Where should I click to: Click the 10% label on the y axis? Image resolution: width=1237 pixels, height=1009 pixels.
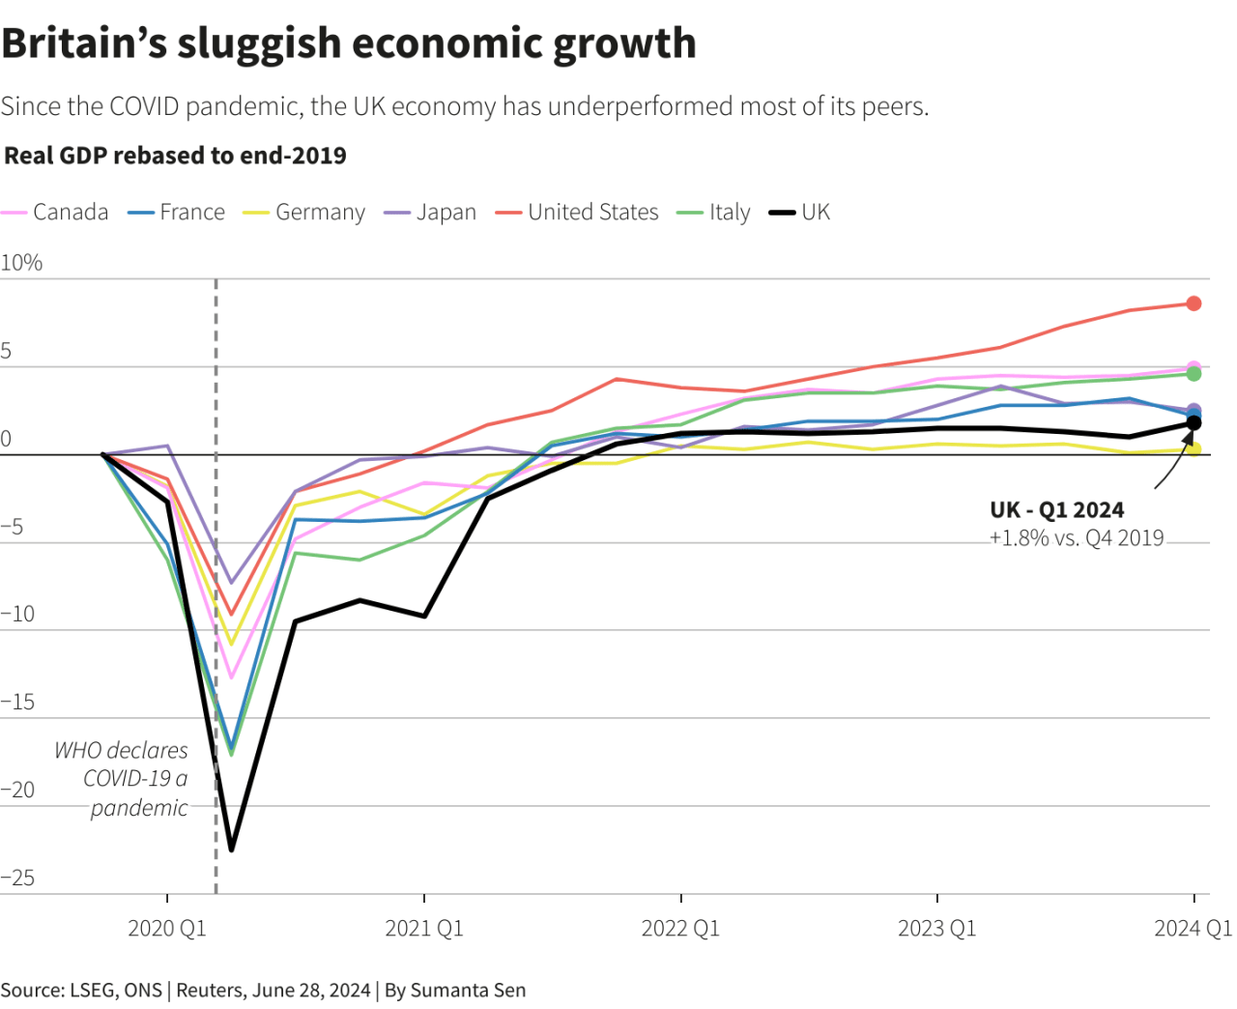point(21,263)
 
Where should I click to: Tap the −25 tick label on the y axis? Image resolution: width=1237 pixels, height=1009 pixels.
point(17,878)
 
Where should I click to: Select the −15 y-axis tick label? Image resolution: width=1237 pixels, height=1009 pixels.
point(17,702)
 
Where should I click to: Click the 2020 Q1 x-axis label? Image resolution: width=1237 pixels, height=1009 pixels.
point(167,929)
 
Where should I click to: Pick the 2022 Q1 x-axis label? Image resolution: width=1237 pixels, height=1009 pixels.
point(680,929)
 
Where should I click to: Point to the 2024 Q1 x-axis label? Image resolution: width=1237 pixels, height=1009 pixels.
point(1194,929)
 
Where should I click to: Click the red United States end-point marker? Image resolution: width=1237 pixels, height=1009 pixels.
point(1194,303)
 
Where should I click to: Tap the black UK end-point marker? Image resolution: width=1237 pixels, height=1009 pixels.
point(1194,422)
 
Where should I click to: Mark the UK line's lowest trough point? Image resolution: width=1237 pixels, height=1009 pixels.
point(231,850)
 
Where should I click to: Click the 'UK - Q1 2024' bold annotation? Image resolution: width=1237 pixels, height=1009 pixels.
point(1056,510)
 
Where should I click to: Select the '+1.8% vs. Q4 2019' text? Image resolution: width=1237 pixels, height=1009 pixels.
point(1077,538)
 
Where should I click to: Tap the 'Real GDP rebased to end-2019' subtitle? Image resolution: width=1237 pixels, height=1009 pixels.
point(175,156)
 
